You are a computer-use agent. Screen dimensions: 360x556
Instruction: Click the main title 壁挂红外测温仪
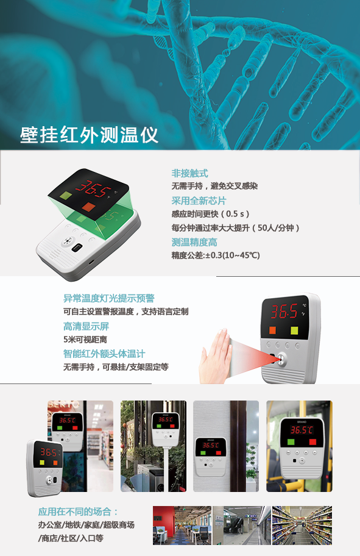89,135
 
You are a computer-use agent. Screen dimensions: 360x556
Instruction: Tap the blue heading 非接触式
189,173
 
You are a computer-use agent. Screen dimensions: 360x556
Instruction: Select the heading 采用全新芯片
199,201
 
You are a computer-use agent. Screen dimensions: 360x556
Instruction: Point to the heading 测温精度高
194,242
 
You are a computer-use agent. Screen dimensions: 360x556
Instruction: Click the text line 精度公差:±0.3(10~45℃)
216,255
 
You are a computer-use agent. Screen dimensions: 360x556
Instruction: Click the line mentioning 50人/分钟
236,227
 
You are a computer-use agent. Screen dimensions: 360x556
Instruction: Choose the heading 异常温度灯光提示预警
109,298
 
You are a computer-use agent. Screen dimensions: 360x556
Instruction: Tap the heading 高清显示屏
86,326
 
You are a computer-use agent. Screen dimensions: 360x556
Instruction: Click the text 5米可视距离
85,340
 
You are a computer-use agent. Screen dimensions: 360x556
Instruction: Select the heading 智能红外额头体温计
104,354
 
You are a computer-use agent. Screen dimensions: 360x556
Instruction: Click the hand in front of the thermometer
216,357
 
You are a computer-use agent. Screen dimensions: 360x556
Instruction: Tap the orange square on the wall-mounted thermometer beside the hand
272,330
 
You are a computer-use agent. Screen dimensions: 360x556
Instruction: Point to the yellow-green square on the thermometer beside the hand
294,330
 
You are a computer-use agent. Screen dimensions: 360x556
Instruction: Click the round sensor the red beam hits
281,358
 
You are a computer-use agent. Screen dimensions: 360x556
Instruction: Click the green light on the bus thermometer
291,442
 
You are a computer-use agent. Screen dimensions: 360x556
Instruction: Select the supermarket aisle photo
302,525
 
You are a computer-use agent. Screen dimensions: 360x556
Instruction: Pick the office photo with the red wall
182,525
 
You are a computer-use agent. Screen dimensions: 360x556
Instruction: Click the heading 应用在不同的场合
78,511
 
